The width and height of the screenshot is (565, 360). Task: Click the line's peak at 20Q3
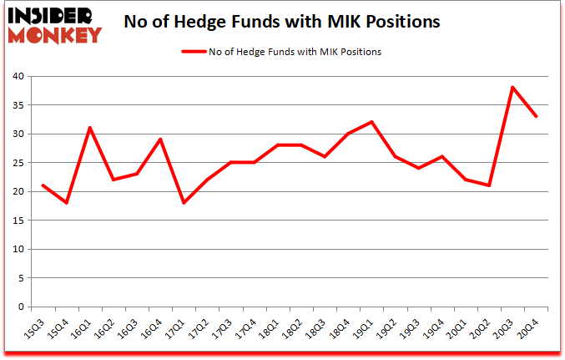512,88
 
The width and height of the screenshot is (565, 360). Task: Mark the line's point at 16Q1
89,128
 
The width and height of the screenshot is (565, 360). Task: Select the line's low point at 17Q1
184,203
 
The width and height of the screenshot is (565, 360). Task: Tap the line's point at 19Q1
371,122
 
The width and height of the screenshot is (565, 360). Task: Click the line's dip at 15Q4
65,203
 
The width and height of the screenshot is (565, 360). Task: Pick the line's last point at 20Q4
536,116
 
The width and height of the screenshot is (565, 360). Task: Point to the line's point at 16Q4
159,139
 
